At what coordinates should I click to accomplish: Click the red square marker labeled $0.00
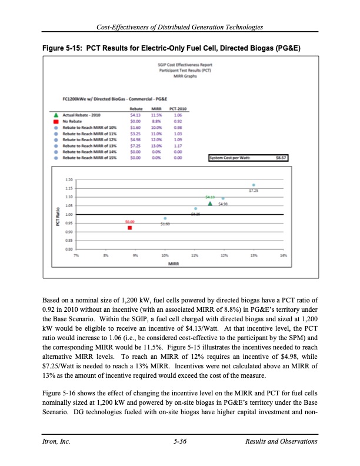[130, 227]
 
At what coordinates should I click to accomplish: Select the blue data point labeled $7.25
[254, 185]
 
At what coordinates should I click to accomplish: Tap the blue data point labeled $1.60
[166, 218]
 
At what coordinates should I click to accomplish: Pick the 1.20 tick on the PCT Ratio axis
[69, 178]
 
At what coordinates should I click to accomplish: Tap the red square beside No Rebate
[55, 120]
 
